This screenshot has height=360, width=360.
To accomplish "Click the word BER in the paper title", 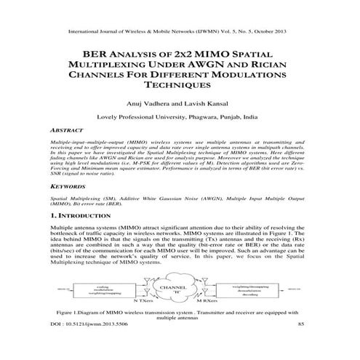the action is coord(97,53).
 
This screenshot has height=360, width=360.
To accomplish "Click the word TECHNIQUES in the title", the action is coord(179,84).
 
